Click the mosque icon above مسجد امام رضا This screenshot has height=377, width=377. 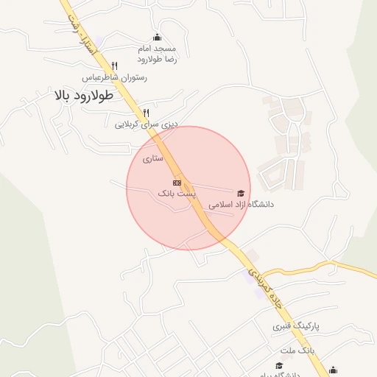[x=156, y=38]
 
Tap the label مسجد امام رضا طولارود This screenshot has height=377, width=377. [x=157, y=53]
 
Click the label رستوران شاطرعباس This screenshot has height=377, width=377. [x=114, y=77]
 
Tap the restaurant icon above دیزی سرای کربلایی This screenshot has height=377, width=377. [x=146, y=113]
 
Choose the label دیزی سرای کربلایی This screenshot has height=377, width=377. [x=147, y=124]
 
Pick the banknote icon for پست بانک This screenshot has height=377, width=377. [x=177, y=182]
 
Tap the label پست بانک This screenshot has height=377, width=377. [x=177, y=192]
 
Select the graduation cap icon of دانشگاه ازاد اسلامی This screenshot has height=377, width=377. [x=241, y=194]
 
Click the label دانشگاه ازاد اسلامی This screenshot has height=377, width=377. [x=241, y=205]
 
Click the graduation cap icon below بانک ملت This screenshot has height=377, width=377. [x=278, y=365]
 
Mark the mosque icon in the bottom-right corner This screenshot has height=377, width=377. [x=334, y=370]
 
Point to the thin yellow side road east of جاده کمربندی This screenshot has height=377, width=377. [x=324, y=267]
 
